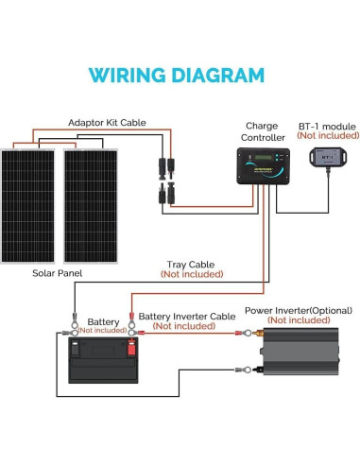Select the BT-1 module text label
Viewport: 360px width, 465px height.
[x=321, y=124]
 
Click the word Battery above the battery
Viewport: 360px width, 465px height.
[x=103, y=321]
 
